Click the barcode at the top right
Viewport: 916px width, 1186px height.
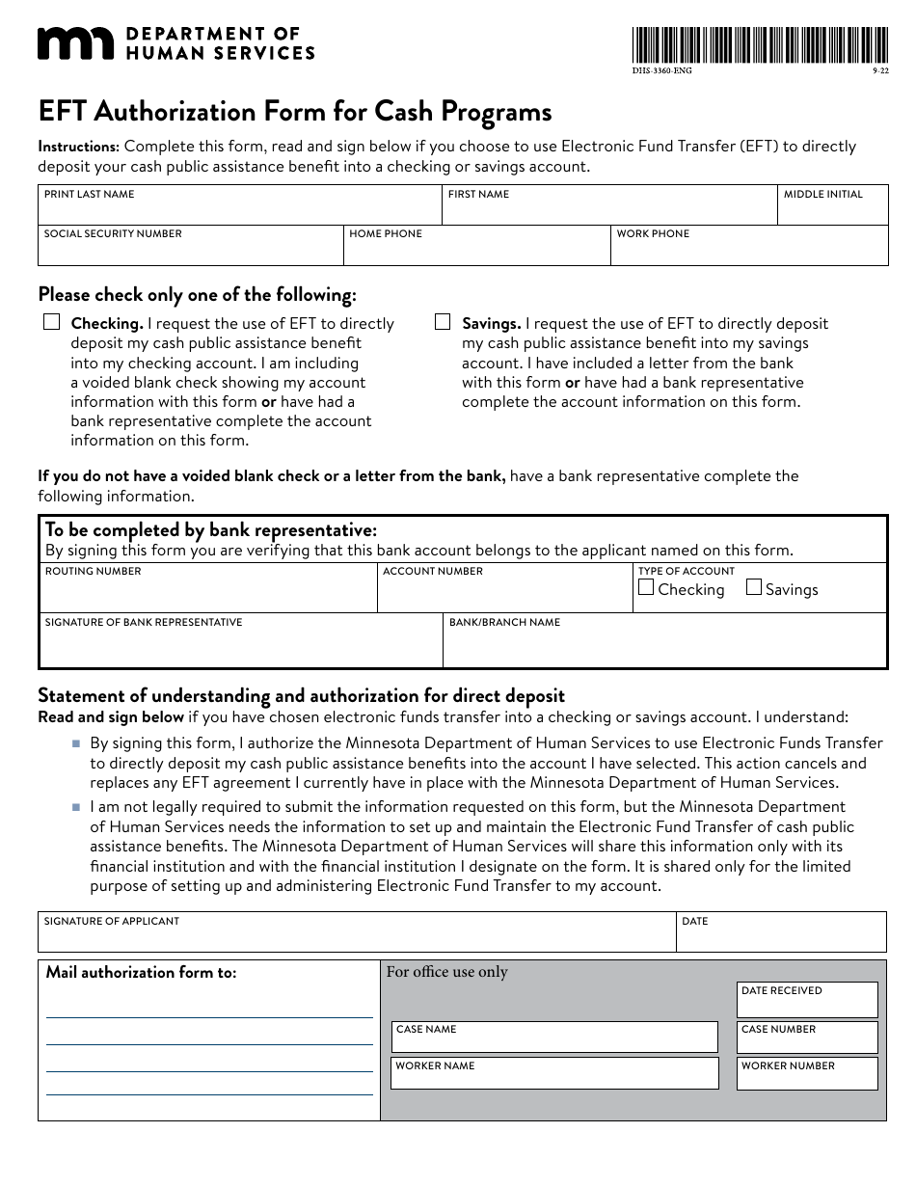pyautogui.click(x=760, y=45)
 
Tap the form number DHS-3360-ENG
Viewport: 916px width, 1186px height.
pyautogui.click(x=661, y=71)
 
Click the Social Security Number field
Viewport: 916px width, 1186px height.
pyautogui.click(x=190, y=249)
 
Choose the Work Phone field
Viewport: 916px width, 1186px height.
pyautogui.click(x=748, y=249)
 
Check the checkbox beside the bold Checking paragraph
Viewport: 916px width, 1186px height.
pyautogui.click(x=52, y=322)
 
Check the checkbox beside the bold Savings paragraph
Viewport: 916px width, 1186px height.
pyautogui.click(x=444, y=322)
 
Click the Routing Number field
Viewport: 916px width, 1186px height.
pyautogui.click(x=207, y=592)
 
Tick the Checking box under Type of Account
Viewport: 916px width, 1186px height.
pyautogui.click(x=646, y=587)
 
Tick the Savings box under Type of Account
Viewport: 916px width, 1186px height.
pyautogui.click(x=754, y=587)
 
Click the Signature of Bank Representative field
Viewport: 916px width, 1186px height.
pyautogui.click(x=240, y=646)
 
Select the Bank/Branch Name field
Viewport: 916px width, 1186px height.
pyautogui.click(x=663, y=646)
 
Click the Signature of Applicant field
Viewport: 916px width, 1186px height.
pyautogui.click(x=357, y=935)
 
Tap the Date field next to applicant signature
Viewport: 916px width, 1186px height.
pyautogui.click(x=780, y=935)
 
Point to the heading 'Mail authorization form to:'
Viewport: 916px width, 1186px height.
pyautogui.click(x=141, y=972)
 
